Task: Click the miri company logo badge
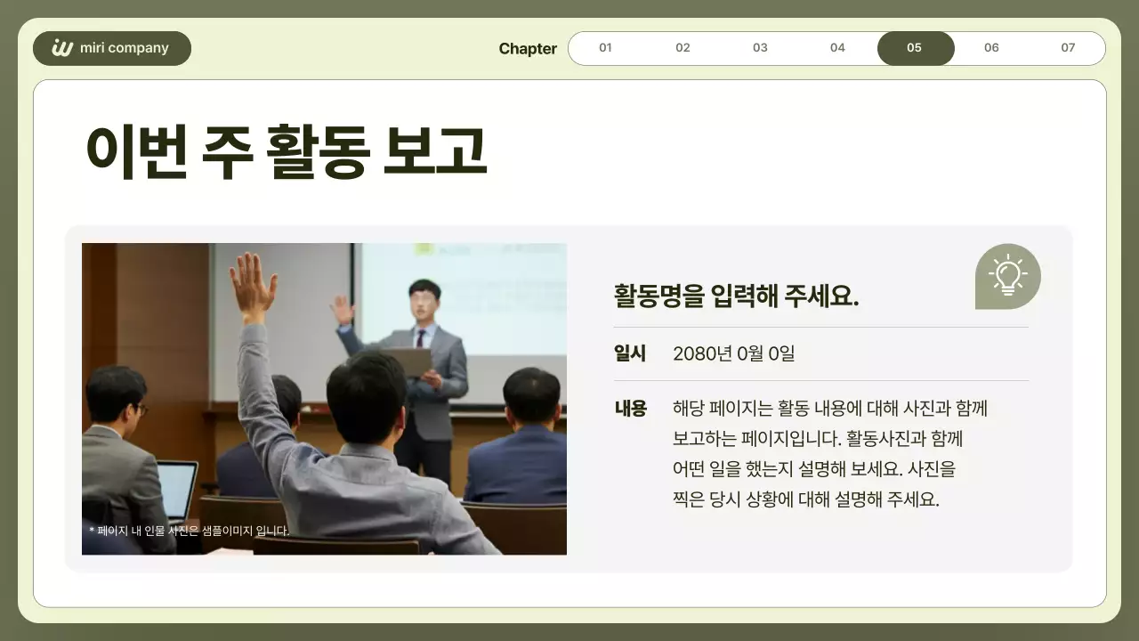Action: pyautogui.click(x=112, y=48)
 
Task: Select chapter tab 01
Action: pyautogui.click(x=605, y=48)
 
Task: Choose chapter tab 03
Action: pyautogui.click(x=760, y=48)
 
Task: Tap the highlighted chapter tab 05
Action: pyautogui.click(x=915, y=48)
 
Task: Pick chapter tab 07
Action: pyautogui.click(x=1068, y=48)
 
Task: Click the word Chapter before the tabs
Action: pyautogui.click(x=528, y=49)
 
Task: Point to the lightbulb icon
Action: pyautogui.click(x=1007, y=276)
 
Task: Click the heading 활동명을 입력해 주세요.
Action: pyautogui.click(x=736, y=296)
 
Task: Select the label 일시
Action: pyautogui.click(x=630, y=353)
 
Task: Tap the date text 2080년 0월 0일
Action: pyautogui.click(x=733, y=353)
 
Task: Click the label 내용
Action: pyautogui.click(x=630, y=409)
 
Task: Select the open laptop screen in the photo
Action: pyautogui.click(x=177, y=490)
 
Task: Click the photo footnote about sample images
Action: pyautogui.click(x=189, y=531)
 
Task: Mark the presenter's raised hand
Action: pyautogui.click(x=342, y=311)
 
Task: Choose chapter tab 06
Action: pyautogui.click(x=991, y=48)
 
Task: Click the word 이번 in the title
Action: pyautogui.click(x=136, y=151)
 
